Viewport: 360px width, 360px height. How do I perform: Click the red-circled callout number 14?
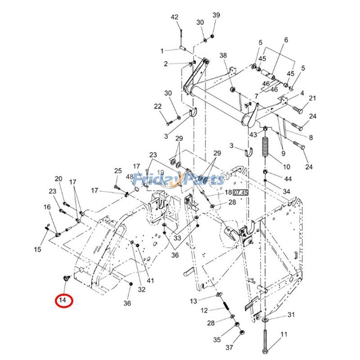(64, 300)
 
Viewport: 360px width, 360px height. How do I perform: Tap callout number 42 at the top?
(175, 18)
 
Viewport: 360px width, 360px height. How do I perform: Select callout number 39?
(216, 16)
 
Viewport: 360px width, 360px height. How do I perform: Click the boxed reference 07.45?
(241, 193)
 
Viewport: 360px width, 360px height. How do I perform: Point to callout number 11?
(283, 334)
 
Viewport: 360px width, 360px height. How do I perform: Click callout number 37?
(230, 347)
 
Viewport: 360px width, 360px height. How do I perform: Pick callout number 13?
(193, 301)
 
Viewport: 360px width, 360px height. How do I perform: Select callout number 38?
(223, 55)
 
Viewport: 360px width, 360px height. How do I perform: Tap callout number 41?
(150, 280)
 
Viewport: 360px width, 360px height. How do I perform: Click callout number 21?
(312, 98)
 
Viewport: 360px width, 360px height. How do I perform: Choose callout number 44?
(288, 179)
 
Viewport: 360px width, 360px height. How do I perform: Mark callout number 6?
(285, 40)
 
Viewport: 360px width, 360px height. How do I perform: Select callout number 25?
(118, 171)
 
